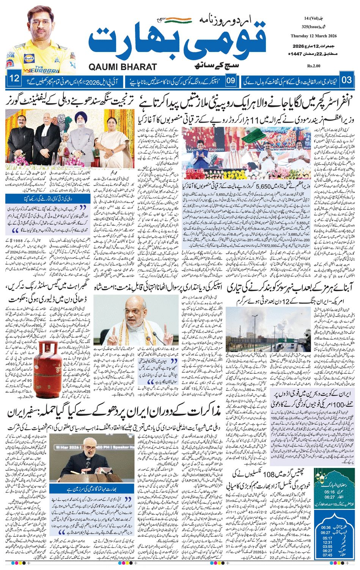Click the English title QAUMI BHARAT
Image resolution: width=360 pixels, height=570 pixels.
point(123,67)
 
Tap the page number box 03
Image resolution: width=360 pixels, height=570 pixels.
point(347,80)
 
